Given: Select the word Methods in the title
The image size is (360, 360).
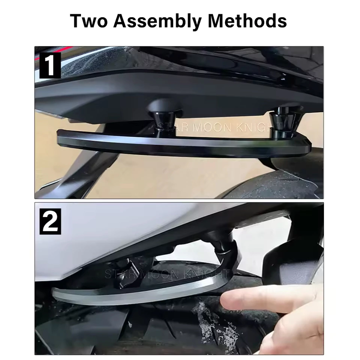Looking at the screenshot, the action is coord(247,21).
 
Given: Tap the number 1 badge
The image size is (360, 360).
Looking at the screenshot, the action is coord(50,65).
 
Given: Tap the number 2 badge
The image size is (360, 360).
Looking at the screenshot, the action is coord(50,221).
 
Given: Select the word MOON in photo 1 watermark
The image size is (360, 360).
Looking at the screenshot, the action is coord(212,127).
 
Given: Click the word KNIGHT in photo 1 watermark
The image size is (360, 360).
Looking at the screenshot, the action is coord(259,127).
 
